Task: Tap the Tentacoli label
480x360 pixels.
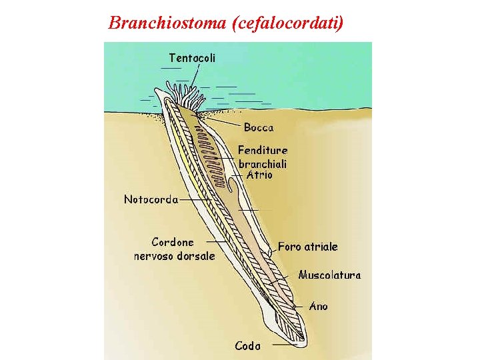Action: (x=192, y=58)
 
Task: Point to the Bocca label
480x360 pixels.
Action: (x=259, y=127)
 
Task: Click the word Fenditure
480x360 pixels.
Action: (x=262, y=151)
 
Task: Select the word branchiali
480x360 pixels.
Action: (x=263, y=164)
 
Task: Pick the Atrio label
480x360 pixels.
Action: (x=259, y=175)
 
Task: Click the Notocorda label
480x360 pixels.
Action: (x=151, y=199)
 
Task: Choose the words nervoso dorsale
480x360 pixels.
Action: (x=175, y=255)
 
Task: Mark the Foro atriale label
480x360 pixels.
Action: (x=308, y=247)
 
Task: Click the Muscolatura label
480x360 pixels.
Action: (x=329, y=275)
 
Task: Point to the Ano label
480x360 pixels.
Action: (x=319, y=307)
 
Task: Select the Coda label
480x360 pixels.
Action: (x=247, y=345)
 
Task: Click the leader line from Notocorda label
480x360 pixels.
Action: (x=193, y=199)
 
